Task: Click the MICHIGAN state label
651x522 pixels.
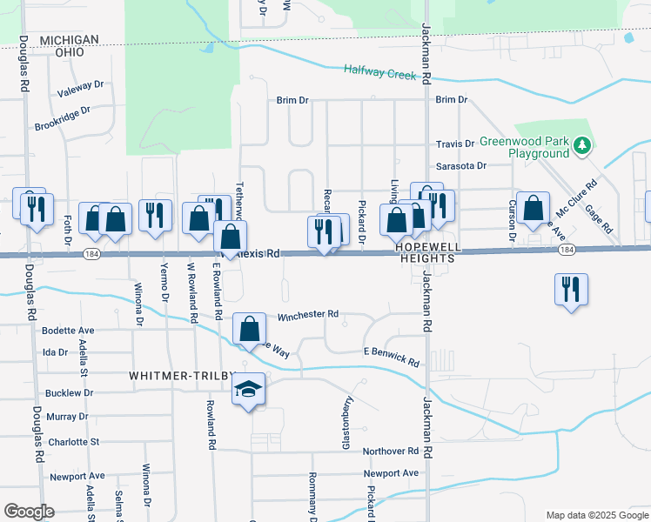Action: tap(68, 40)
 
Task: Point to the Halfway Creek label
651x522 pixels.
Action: tap(380, 72)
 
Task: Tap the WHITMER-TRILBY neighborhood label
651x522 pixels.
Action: tap(182, 375)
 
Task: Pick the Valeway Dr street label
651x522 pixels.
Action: tap(80, 87)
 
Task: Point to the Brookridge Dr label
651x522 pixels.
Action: tap(63, 119)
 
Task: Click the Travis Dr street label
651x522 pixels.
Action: tap(455, 144)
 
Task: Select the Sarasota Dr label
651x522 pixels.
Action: tap(460, 165)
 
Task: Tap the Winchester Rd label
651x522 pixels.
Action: tap(308, 315)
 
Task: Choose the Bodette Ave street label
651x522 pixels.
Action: tap(68, 331)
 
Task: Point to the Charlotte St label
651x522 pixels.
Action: tap(73, 441)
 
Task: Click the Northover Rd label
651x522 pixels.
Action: tap(391, 451)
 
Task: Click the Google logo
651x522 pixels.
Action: tap(29, 512)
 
